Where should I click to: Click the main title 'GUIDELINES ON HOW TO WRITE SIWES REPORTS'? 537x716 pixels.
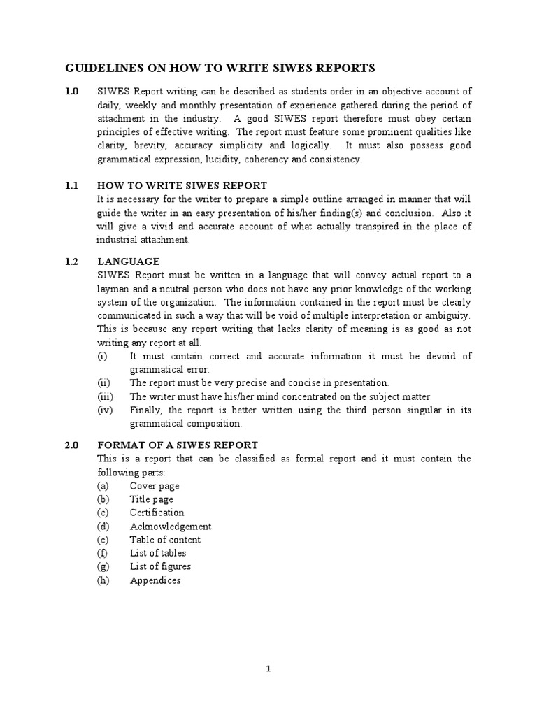(220, 68)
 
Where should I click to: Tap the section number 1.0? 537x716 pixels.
(72, 92)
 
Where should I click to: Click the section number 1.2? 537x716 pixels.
(72, 262)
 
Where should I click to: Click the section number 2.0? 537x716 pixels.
(72, 445)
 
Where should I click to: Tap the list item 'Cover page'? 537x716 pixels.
(155, 485)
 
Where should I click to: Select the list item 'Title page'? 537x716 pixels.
(152, 499)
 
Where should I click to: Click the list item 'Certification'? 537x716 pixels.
(157, 513)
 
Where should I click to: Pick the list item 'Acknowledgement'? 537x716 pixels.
(171, 526)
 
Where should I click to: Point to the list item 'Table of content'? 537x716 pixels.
(165, 540)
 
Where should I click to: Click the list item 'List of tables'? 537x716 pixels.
(158, 553)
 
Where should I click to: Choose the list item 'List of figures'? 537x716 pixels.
(160, 566)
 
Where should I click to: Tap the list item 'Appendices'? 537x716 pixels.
(155, 580)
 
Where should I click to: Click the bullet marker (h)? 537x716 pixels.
(104, 580)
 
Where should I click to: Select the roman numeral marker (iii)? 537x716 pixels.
(104, 396)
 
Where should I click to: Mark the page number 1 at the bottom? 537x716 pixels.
(268, 668)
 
